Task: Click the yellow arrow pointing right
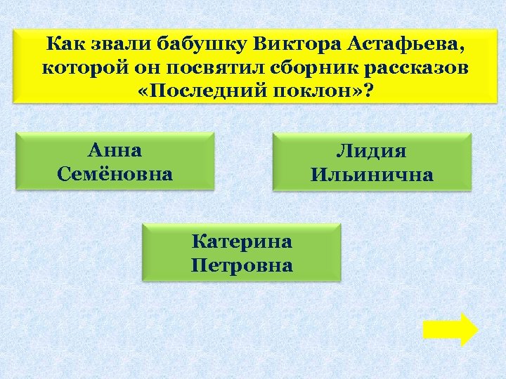[x=450, y=329]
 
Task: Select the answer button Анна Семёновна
[x=115, y=161]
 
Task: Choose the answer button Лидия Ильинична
[x=372, y=163]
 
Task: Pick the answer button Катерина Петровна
[x=242, y=253]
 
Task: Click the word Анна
[x=115, y=150]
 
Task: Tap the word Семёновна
[x=115, y=173]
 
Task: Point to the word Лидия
[x=372, y=152]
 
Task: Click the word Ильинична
[x=372, y=174]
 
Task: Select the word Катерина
[x=242, y=242]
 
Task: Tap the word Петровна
[x=242, y=265]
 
